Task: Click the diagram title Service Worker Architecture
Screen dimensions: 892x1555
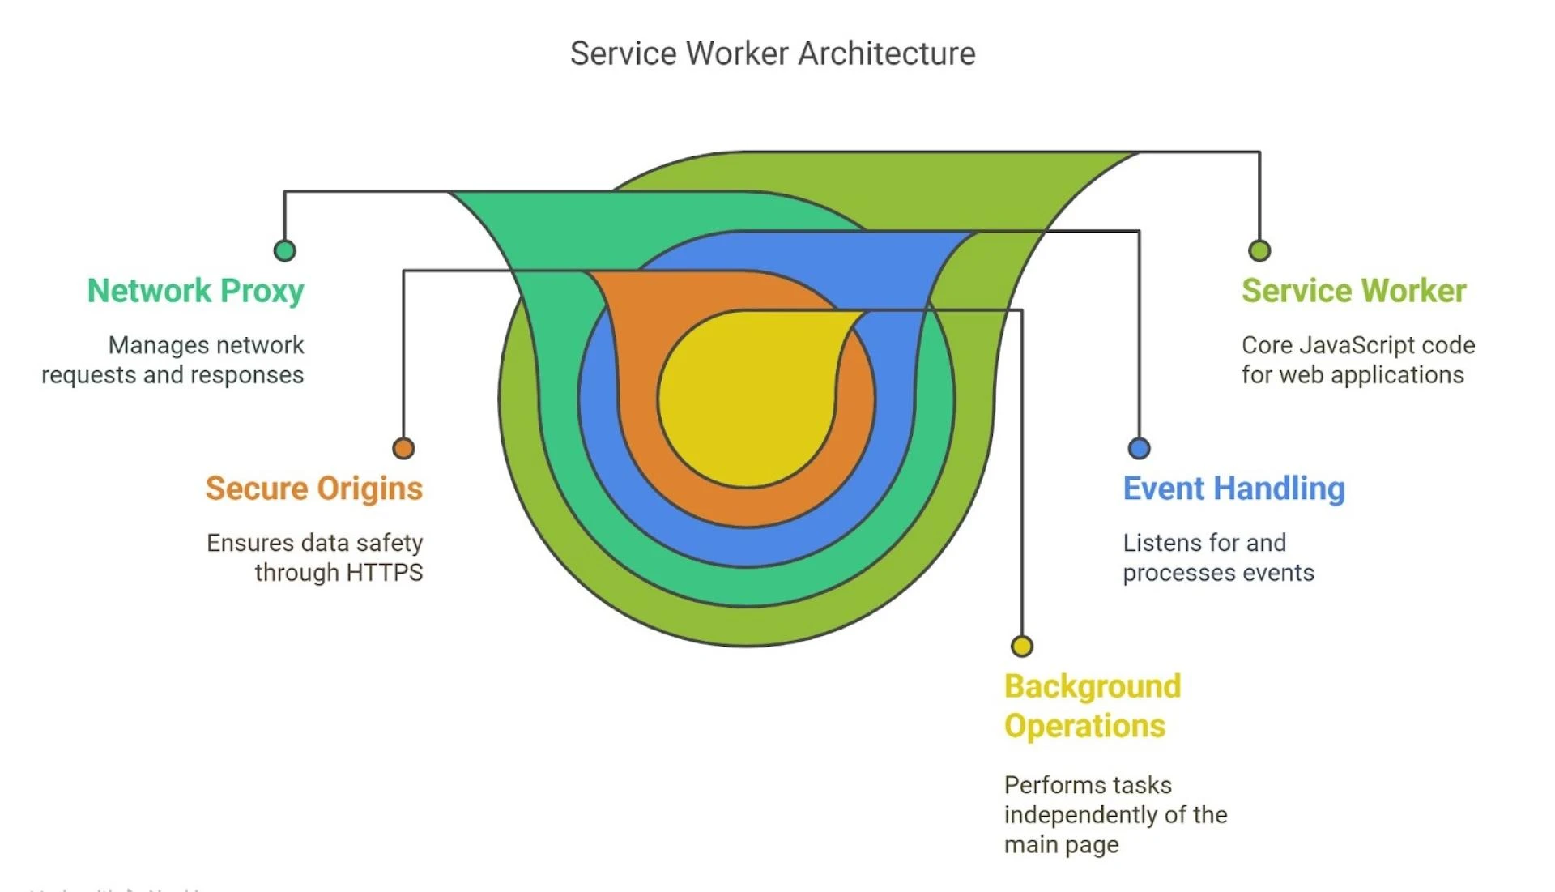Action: pos(773,53)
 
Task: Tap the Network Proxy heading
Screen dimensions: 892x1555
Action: pos(195,291)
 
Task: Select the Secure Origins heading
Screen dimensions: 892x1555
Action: pos(313,489)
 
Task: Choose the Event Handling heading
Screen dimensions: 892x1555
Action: pos(1233,489)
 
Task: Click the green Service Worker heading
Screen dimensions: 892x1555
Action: pos(1353,291)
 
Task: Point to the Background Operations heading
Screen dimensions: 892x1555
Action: pos(1092,706)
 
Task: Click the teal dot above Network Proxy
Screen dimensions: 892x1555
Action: pos(284,250)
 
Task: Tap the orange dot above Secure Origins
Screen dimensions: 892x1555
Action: pos(403,448)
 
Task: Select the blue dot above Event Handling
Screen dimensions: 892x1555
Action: pos(1139,448)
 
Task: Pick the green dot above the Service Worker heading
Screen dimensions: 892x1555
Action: pos(1259,250)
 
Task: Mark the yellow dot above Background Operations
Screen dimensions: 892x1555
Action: pos(1021,646)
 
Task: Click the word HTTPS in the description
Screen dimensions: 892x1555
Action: pos(384,573)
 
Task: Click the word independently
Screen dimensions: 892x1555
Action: pos(1081,815)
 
